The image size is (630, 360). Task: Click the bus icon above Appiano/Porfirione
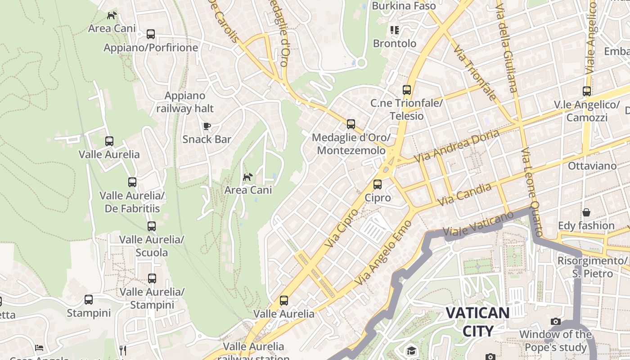pyautogui.click(x=150, y=34)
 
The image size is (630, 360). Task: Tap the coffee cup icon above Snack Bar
pyautogui.click(x=207, y=126)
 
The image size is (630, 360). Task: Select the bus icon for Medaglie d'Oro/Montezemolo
pyautogui.click(x=351, y=124)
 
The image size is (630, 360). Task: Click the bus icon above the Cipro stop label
pyautogui.click(x=378, y=184)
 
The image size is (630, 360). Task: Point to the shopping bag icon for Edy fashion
pyautogui.click(x=586, y=212)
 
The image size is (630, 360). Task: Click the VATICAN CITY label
pyautogui.click(x=477, y=322)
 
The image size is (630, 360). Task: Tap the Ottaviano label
pyautogui.click(x=592, y=166)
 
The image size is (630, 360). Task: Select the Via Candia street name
pyautogui.click(x=464, y=195)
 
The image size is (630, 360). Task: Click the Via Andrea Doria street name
pyautogui.click(x=456, y=147)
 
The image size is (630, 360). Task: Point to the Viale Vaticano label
pyautogui.click(x=478, y=224)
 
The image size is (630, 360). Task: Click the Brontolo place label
pyautogui.click(x=395, y=44)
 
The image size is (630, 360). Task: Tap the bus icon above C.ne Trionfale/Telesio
pyautogui.click(x=407, y=90)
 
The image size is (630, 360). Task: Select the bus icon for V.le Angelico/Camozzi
pyautogui.click(x=587, y=91)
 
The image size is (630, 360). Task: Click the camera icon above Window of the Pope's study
pyautogui.click(x=556, y=321)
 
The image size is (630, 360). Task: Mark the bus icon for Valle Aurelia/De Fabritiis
pyautogui.click(x=132, y=182)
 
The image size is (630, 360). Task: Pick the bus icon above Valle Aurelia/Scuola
pyautogui.click(x=152, y=226)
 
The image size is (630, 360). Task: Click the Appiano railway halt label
pyautogui.click(x=185, y=102)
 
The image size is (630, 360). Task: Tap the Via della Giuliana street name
pyautogui.click(x=506, y=46)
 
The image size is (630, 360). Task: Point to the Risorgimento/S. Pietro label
pyautogui.click(x=592, y=267)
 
